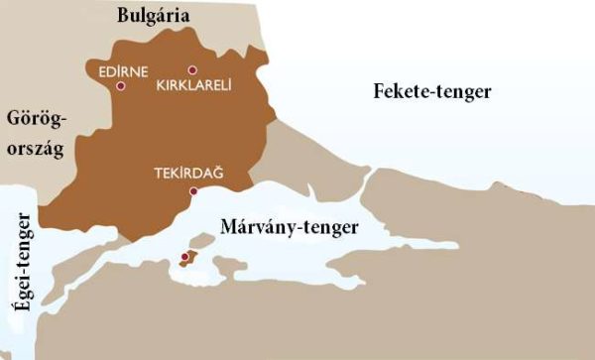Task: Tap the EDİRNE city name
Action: coord(117,71)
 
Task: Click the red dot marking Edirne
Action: coord(121,86)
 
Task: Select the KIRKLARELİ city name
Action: coord(194,85)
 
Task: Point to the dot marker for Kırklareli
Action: coord(192,70)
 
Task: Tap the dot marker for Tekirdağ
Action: coord(194,190)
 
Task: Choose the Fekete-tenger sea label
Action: coord(432,92)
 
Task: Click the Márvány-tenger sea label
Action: coord(303,227)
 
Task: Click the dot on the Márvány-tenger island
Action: coord(183,258)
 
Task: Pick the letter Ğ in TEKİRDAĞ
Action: coord(218,173)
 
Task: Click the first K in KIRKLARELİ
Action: coord(161,85)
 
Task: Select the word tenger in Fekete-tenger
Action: coord(464,93)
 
